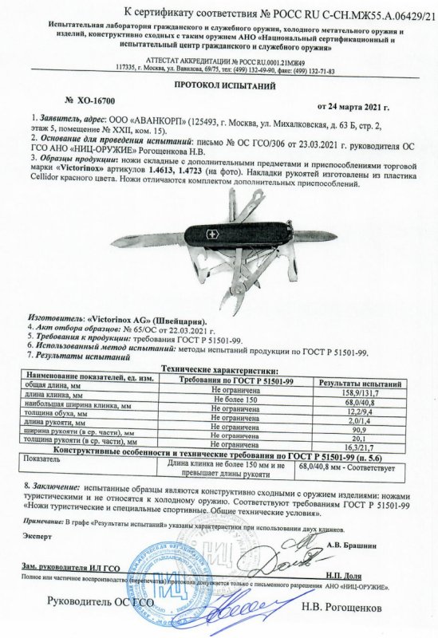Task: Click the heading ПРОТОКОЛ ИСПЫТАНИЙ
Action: click(x=218, y=85)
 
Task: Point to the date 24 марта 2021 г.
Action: click(x=353, y=107)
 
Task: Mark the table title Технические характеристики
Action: click(x=219, y=371)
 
